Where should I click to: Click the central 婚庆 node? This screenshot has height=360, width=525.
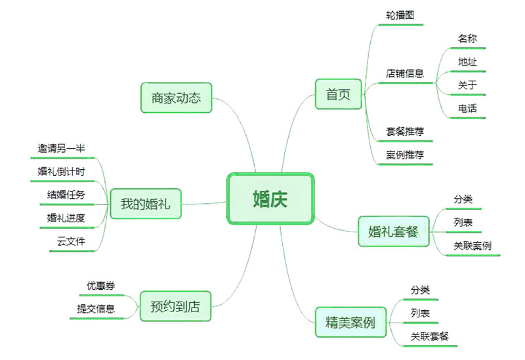tap(270, 199)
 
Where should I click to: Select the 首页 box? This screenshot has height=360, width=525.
tap(338, 94)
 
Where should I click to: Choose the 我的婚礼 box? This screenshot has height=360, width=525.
tap(145, 204)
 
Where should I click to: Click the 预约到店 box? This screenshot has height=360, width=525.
tap(175, 306)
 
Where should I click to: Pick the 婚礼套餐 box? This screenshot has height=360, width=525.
tap(393, 231)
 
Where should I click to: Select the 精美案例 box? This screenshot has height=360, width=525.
tap(350, 323)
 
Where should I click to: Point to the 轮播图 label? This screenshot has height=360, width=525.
tap(400, 14)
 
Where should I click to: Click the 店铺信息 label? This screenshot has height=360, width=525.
tap(405, 73)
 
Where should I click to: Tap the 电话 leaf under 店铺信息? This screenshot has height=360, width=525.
tap(467, 108)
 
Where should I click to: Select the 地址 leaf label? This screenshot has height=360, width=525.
tap(467, 62)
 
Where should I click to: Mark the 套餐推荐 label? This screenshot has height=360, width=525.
tap(405, 131)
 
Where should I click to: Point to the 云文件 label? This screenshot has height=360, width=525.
tap(71, 241)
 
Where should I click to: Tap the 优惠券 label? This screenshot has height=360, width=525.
tap(100, 286)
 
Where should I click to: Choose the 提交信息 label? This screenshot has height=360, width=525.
tap(96, 309)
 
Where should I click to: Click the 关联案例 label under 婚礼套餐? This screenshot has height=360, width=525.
tap(472, 246)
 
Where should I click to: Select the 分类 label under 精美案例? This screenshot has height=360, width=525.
tap(420, 290)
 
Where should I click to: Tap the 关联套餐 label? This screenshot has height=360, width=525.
tap(430, 336)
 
